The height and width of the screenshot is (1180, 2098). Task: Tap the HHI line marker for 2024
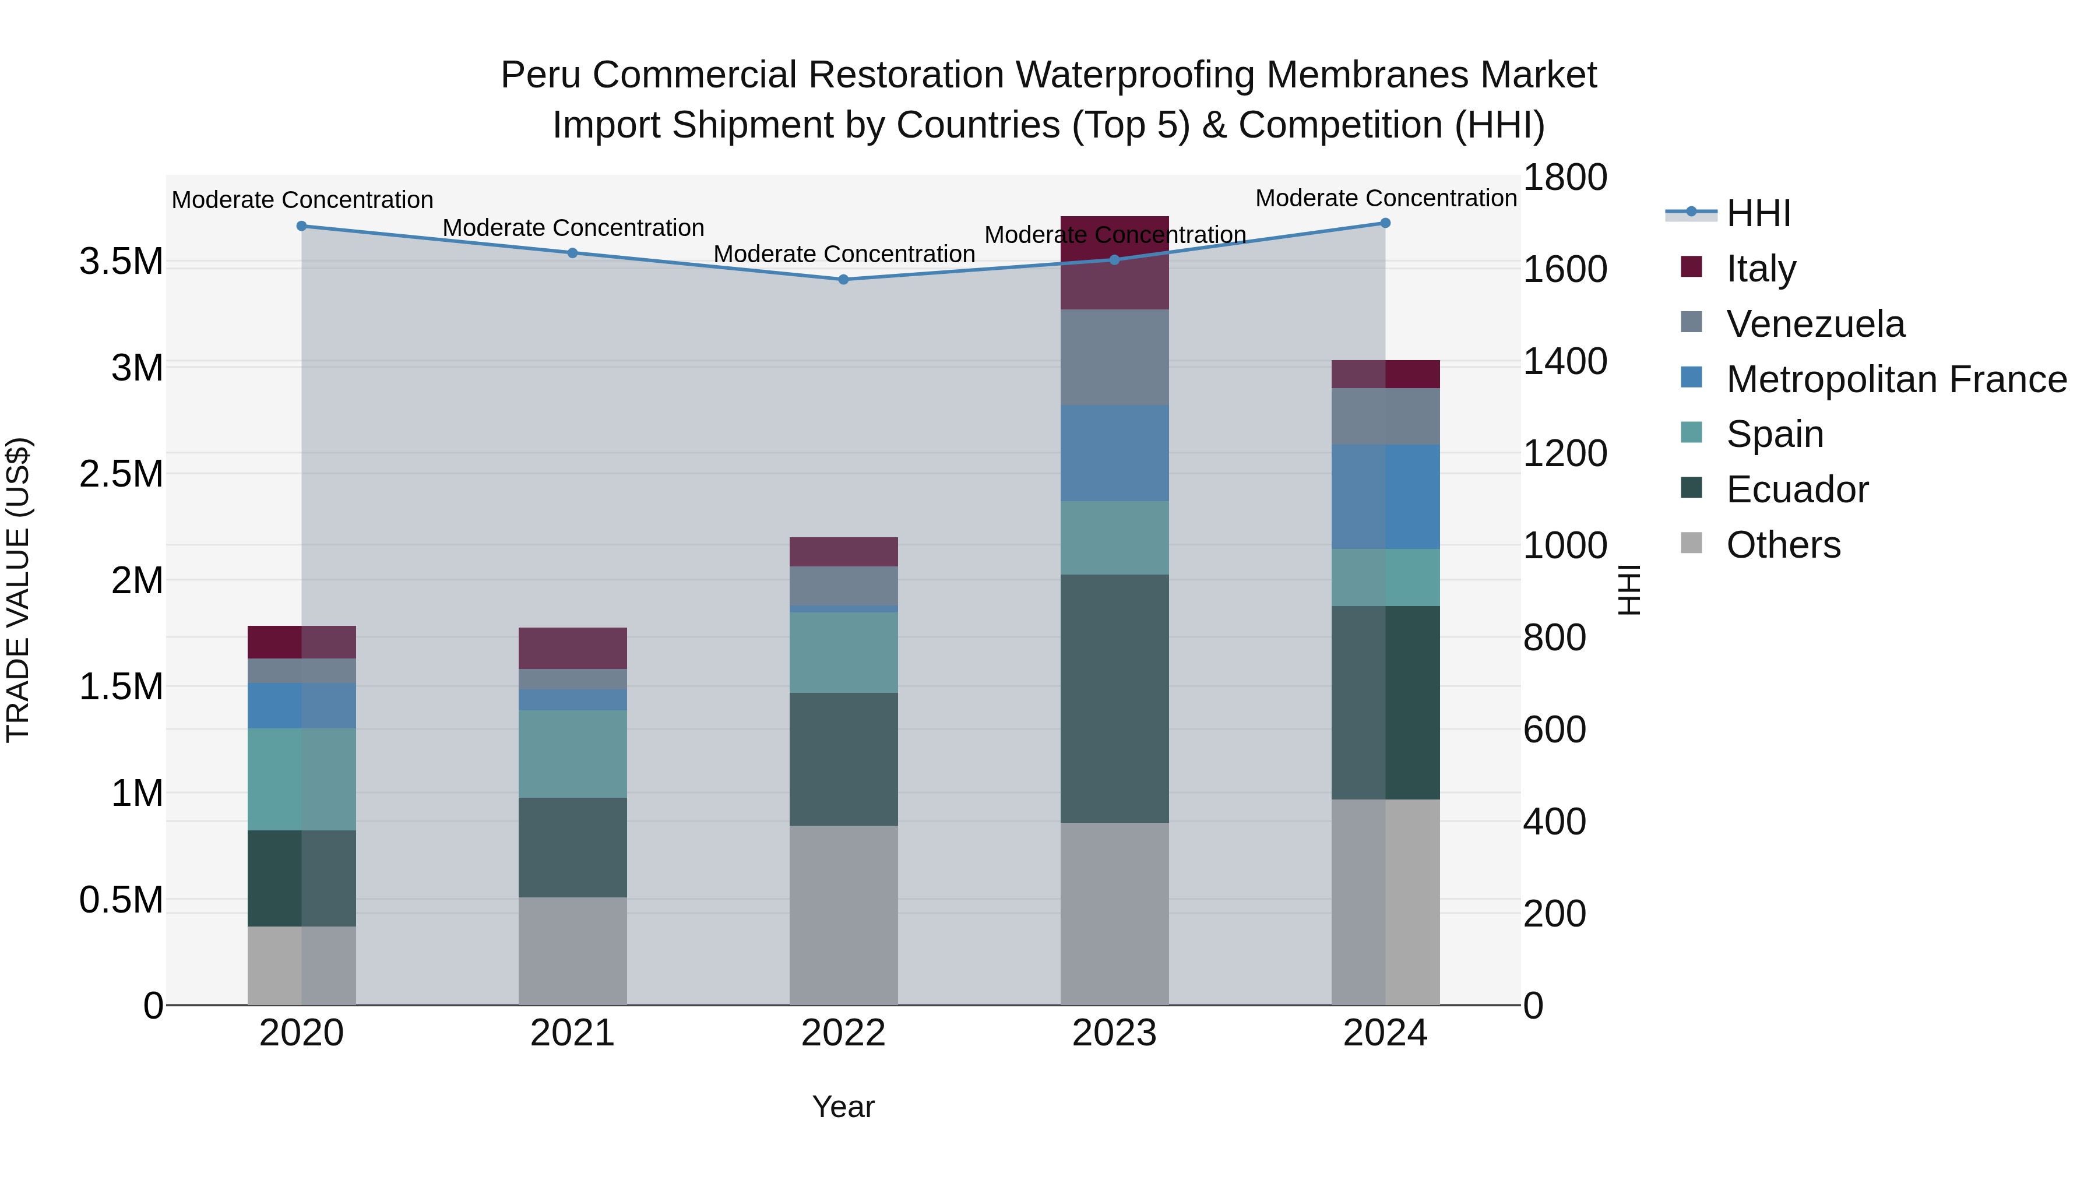point(1385,223)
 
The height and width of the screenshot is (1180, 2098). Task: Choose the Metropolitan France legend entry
point(1895,379)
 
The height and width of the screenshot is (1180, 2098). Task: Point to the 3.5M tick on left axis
point(121,262)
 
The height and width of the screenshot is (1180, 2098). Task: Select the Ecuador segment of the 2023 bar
point(1114,698)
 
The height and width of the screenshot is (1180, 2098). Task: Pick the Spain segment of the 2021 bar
point(572,753)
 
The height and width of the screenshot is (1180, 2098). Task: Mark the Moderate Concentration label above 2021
point(572,228)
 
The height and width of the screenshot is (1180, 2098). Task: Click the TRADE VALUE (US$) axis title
point(19,590)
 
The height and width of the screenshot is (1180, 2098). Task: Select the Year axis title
point(843,1107)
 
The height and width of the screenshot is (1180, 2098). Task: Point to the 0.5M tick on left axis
point(121,900)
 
